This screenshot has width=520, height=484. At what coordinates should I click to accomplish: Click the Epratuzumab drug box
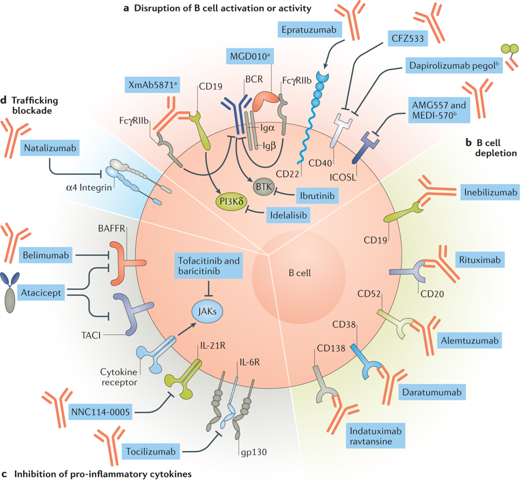pyautogui.click(x=310, y=28)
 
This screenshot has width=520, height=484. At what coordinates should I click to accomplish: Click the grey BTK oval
pyautogui.click(x=265, y=186)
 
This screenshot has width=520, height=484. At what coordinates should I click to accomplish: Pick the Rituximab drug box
pyautogui.click(x=479, y=259)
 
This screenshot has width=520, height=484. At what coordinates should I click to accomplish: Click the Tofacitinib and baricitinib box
pyautogui.click(x=207, y=267)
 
